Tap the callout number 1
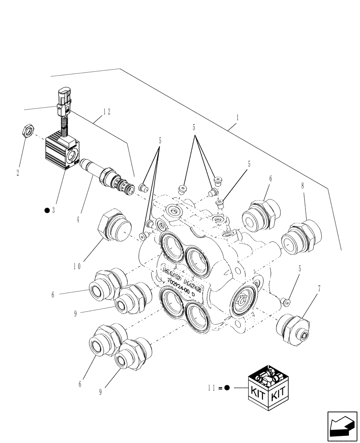pyautogui.click(x=238, y=119)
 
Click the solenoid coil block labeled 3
pyautogui.click(x=62, y=153)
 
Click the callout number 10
pyautogui.click(x=78, y=267)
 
